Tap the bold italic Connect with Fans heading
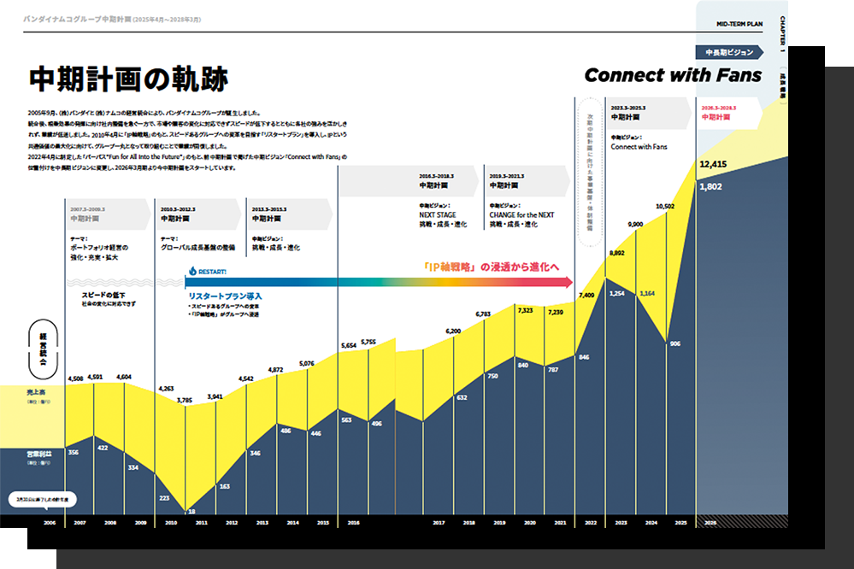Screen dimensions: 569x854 pyautogui.click(x=672, y=76)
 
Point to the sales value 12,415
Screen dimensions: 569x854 pyautogui.click(x=713, y=165)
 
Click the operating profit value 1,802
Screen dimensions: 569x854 pyautogui.click(x=711, y=186)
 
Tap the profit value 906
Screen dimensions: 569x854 pyautogui.click(x=674, y=343)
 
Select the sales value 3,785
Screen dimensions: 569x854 pyautogui.click(x=185, y=399)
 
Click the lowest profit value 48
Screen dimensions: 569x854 pyautogui.click(x=192, y=510)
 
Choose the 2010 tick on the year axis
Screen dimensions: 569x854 pyautogui.click(x=170, y=521)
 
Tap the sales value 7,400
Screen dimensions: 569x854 pyautogui.click(x=586, y=296)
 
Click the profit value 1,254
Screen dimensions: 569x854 pyautogui.click(x=615, y=293)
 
